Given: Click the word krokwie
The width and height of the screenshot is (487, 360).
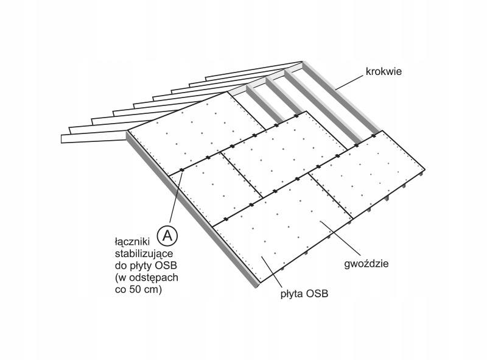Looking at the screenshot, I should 384,71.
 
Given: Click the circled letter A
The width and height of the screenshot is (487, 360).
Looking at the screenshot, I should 167,234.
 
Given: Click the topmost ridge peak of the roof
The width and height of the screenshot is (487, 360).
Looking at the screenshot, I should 303,62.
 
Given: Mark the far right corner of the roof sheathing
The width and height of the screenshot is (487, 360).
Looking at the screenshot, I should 424,170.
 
